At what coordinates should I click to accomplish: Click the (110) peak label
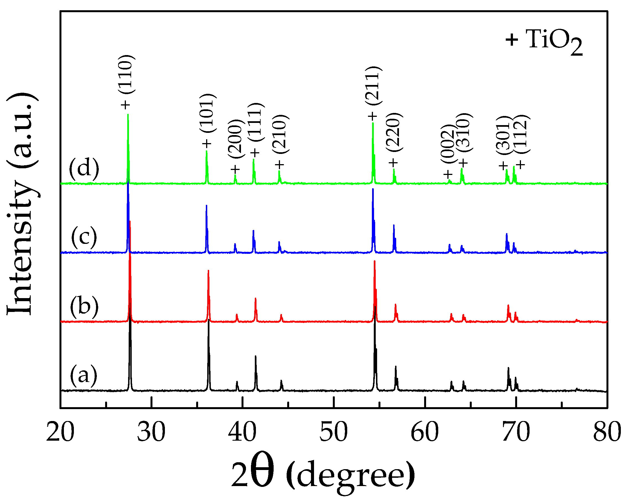tap(126, 74)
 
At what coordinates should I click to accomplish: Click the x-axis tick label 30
tap(151, 432)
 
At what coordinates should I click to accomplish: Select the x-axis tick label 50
tap(333, 432)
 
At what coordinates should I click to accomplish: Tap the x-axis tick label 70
tap(516, 432)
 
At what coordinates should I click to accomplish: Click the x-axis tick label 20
tap(60, 432)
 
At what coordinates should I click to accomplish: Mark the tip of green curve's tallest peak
tap(128, 115)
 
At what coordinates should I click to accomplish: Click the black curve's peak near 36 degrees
tap(208, 320)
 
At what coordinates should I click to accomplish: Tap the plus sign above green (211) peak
tap(372, 116)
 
